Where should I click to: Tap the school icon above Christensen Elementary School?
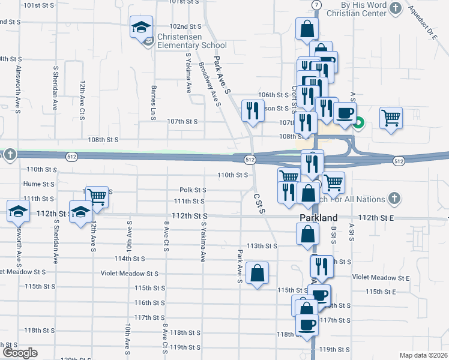[x=142, y=27]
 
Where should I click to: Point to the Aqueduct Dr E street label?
[x=423, y=22]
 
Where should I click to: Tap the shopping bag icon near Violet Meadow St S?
[x=258, y=274]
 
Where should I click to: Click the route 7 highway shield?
[x=316, y=5]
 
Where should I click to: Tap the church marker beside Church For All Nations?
[x=394, y=197]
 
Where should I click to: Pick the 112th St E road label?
[x=375, y=218]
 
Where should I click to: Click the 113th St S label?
[x=262, y=246]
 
